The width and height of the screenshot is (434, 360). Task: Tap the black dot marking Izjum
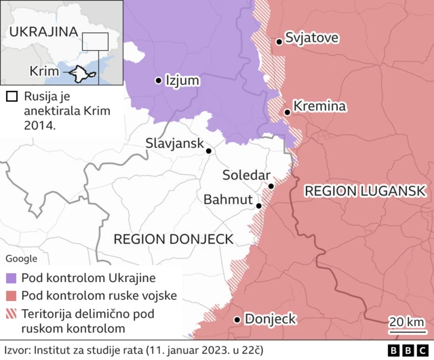[158, 80]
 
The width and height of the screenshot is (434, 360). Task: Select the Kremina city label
[320, 106]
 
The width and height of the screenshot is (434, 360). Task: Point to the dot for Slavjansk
[209, 151]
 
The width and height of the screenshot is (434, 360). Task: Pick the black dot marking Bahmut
[258, 205]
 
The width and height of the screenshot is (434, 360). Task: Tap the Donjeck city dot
[237, 319]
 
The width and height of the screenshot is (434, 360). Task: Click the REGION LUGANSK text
[365, 191]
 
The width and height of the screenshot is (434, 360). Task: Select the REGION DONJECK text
[173, 239]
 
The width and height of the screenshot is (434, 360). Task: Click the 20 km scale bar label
[407, 321]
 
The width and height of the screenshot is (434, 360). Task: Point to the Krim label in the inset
[43, 72]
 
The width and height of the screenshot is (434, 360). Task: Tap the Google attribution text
[22, 258]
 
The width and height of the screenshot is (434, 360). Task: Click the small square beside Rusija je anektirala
[10, 97]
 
